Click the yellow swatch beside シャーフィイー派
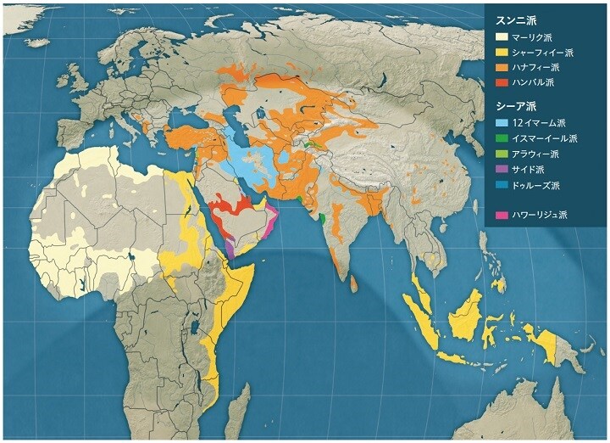pos(502,53)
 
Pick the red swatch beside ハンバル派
pos(502,83)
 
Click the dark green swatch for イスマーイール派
pos(502,138)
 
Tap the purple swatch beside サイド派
pos(502,169)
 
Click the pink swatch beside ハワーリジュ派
pos(502,215)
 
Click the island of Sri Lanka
pos(349,277)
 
